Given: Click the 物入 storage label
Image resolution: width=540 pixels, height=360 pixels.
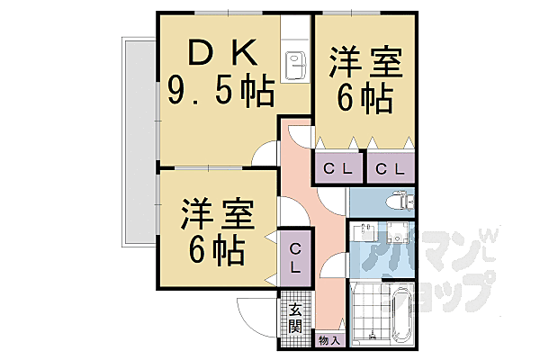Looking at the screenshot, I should point(329,340).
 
